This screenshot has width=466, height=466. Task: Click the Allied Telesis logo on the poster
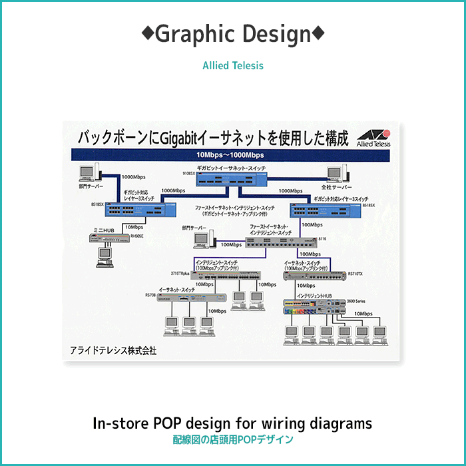373,137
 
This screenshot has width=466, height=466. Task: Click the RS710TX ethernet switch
312,274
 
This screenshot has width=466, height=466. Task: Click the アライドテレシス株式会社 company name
113,350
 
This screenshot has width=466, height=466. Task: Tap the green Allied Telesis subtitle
232,65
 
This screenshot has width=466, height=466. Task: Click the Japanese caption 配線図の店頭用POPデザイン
232,440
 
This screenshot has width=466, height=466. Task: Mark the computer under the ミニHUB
104,256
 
